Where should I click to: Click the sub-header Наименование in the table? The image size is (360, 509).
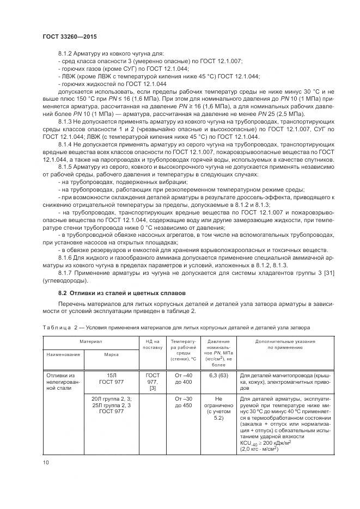click(x=63, y=354)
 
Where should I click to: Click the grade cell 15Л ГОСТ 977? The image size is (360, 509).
click(x=112, y=379)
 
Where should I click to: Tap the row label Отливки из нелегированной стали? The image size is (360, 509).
click(x=62, y=382)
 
